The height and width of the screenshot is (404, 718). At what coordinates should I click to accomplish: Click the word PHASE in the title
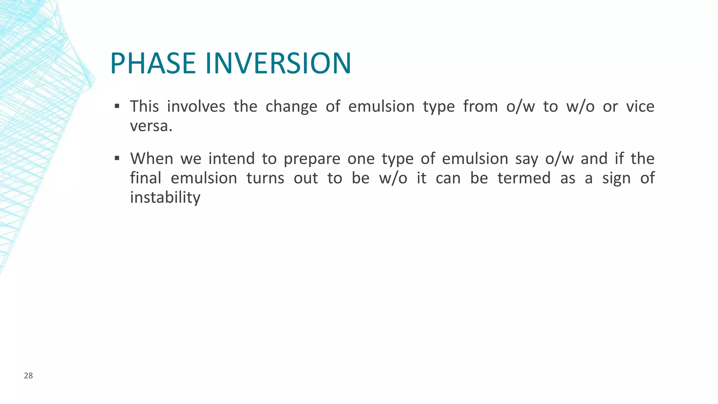click(153, 63)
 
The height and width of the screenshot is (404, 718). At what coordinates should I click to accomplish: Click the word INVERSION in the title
click(278, 63)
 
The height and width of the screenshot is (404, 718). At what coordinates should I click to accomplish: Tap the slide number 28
click(28, 376)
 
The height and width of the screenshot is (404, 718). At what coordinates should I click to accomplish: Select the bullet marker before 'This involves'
click(117, 106)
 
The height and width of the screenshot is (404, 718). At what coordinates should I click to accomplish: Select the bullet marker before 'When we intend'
click(117, 158)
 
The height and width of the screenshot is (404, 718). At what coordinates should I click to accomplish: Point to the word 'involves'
click(196, 106)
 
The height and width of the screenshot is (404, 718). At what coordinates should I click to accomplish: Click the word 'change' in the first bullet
click(291, 106)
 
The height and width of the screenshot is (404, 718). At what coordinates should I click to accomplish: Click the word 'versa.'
click(151, 126)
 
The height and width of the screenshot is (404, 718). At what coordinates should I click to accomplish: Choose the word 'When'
click(151, 159)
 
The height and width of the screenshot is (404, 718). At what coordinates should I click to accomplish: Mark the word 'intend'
click(231, 159)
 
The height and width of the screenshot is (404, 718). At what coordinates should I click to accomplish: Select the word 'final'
click(145, 178)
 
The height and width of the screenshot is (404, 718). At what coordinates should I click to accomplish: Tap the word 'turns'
click(265, 178)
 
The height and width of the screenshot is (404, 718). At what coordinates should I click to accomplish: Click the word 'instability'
click(165, 197)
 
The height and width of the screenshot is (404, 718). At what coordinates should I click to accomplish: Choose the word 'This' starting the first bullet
click(144, 106)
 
